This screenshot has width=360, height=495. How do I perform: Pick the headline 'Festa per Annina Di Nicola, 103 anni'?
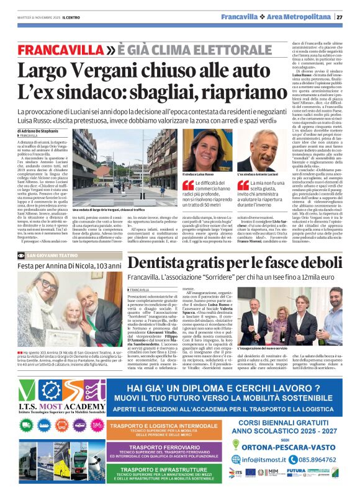coord(70,265)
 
